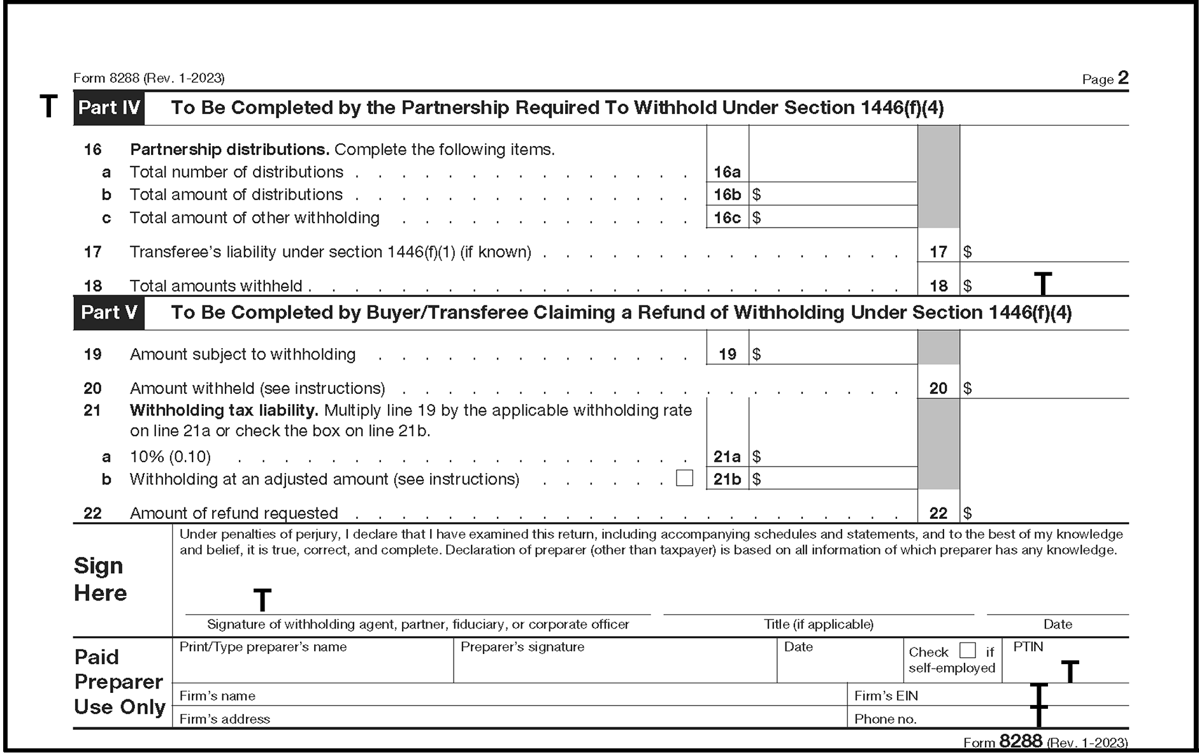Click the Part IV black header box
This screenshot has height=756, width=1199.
click(x=109, y=108)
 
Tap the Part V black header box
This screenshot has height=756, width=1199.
click(x=109, y=312)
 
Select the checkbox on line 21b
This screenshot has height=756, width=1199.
click(x=684, y=478)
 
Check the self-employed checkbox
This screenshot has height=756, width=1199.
click(x=967, y=650)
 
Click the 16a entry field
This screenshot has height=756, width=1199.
click(x=833, y=171)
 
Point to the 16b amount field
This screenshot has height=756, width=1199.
click(x=833, y=194)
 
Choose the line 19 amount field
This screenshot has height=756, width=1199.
click(x=833, y=354)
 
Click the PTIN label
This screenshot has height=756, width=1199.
click(x=1028, y=647)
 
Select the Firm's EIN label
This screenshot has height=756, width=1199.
click(x=886, y=696)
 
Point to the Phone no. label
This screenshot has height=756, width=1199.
click(x=886, y=719)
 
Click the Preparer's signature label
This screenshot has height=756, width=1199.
click(x=522, y=647)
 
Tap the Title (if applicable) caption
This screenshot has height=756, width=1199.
click(x=818, y=625)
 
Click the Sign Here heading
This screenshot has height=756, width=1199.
click(x=101, y=579)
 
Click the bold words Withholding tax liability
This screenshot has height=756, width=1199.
click(x=224, y=411)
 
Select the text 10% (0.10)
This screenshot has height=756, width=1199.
click(x=170, y=457)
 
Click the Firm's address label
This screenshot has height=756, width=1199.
click(x=224, y=719)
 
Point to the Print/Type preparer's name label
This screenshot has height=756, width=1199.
click(x=262, y=647)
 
